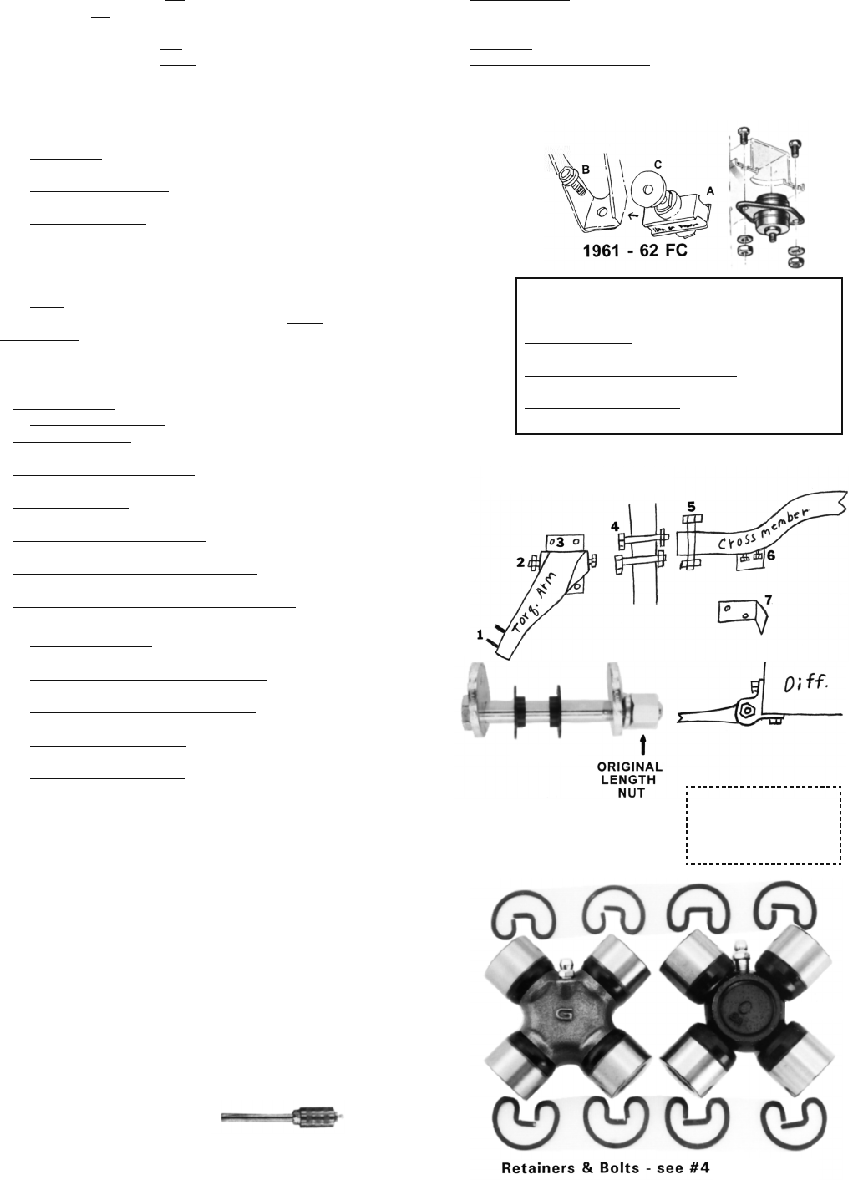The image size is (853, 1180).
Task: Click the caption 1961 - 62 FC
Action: (x=635, y=251)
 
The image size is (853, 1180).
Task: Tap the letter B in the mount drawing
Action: (x=586, y=170)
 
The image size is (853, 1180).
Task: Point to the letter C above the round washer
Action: (x=658, y=165)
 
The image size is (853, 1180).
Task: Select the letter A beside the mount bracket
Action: (x=709, y=192)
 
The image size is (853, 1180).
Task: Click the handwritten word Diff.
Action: (x=806, y=684)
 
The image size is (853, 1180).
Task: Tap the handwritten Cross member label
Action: (x=763, y=529)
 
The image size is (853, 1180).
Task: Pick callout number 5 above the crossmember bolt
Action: (x=691, y=506)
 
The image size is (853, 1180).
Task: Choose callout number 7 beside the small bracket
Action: (x=768, y=600)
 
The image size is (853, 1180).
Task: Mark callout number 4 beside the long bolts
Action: (x=615, y=526)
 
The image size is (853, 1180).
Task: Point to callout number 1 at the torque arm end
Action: (x=480, y=636)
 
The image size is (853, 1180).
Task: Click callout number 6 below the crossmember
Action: (x=771, y=555)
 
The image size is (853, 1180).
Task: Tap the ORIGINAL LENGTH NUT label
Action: (x=630, y=780)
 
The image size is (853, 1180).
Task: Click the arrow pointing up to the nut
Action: (x=642, y=747)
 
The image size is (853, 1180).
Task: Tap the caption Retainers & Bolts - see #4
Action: (x=606, y=1167)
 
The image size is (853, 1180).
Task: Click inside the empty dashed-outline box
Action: (x=763, y=825)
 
